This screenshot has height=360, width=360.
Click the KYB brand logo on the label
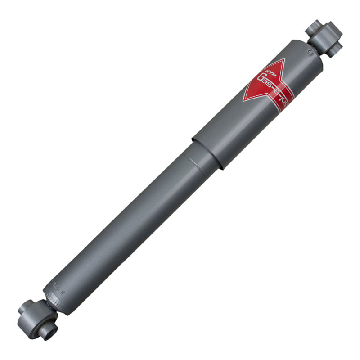(x=261, y=72)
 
